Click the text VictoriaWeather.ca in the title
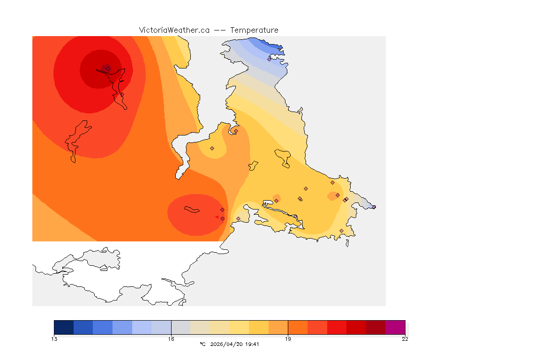[x=174, y=30]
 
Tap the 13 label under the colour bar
[x=54, y=339]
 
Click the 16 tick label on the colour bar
[x=171, y=339]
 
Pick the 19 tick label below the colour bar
[x=288, y=339]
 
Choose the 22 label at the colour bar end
[x=405, y=339]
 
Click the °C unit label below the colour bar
[x=202, y=344]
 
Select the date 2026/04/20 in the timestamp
[x=228, y=344]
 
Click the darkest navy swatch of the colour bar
[x=64, y=327]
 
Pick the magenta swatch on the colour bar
[x=395, y=327]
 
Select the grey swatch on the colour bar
[x=180, y=327]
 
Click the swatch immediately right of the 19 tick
[x=297, y=327]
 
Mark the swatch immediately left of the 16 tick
[x=161, y=327]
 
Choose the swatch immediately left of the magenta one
[x=375, y=327]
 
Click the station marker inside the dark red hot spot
[x=108, y=68]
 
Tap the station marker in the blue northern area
[x=269, y=59]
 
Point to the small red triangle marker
[x=217, y=217]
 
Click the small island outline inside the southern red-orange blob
[x=192, y=210]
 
